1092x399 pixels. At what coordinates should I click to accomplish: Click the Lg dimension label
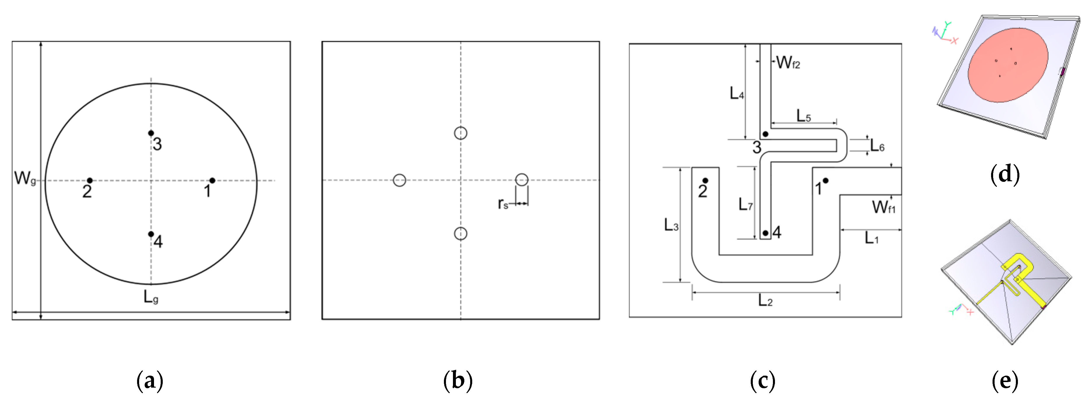[151, 297]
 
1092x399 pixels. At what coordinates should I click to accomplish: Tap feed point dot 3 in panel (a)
[151, 133]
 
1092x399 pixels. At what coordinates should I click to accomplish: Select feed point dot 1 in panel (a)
[212, 181]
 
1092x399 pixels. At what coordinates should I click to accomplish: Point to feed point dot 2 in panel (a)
[90, 181]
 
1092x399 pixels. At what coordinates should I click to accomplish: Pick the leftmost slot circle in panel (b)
[399, 180]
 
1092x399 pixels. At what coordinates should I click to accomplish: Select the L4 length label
[736, 93]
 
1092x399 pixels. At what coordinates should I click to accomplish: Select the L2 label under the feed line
[765, 301]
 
